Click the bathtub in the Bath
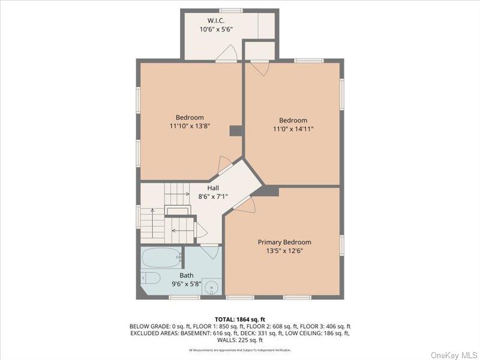pos(161,258)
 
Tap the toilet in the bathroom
pos(150,278)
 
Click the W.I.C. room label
pos(208,20)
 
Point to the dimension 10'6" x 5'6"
pos(216,29)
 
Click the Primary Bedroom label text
pos(284,242)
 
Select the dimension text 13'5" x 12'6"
pos(284,251)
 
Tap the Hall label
pos(212,188)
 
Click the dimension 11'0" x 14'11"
pos(293,129)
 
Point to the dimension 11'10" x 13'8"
pos(190,126)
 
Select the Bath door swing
pos(211,253)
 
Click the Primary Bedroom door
pos(246,204)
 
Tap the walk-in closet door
pos(226,55)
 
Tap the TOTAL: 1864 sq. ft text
pos(239,319)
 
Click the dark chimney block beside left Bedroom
pos(236,131)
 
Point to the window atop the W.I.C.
pos(231,10)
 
